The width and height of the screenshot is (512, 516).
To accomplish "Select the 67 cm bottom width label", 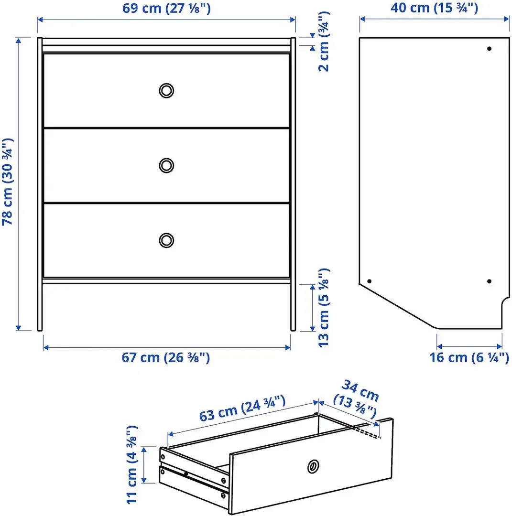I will point(166,357).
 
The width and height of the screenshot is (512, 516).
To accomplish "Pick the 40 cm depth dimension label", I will point(434,8).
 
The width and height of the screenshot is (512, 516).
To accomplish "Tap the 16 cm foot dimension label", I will point(469,357).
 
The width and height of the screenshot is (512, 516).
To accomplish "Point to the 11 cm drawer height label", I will point(132,464).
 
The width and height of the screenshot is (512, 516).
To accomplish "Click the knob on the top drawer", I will point(166,90).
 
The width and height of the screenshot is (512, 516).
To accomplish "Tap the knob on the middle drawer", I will point(166,165).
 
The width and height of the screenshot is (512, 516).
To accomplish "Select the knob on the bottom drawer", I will point(166,240).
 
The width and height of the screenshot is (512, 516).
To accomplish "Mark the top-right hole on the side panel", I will point(489,49).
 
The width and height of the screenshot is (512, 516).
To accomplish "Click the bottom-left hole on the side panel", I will point(369,281).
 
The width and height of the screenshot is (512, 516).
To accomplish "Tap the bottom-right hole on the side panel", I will point(489,281).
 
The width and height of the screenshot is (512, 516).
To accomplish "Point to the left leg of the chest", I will point(40,306).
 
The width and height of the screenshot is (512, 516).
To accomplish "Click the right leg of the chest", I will point(293,306).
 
